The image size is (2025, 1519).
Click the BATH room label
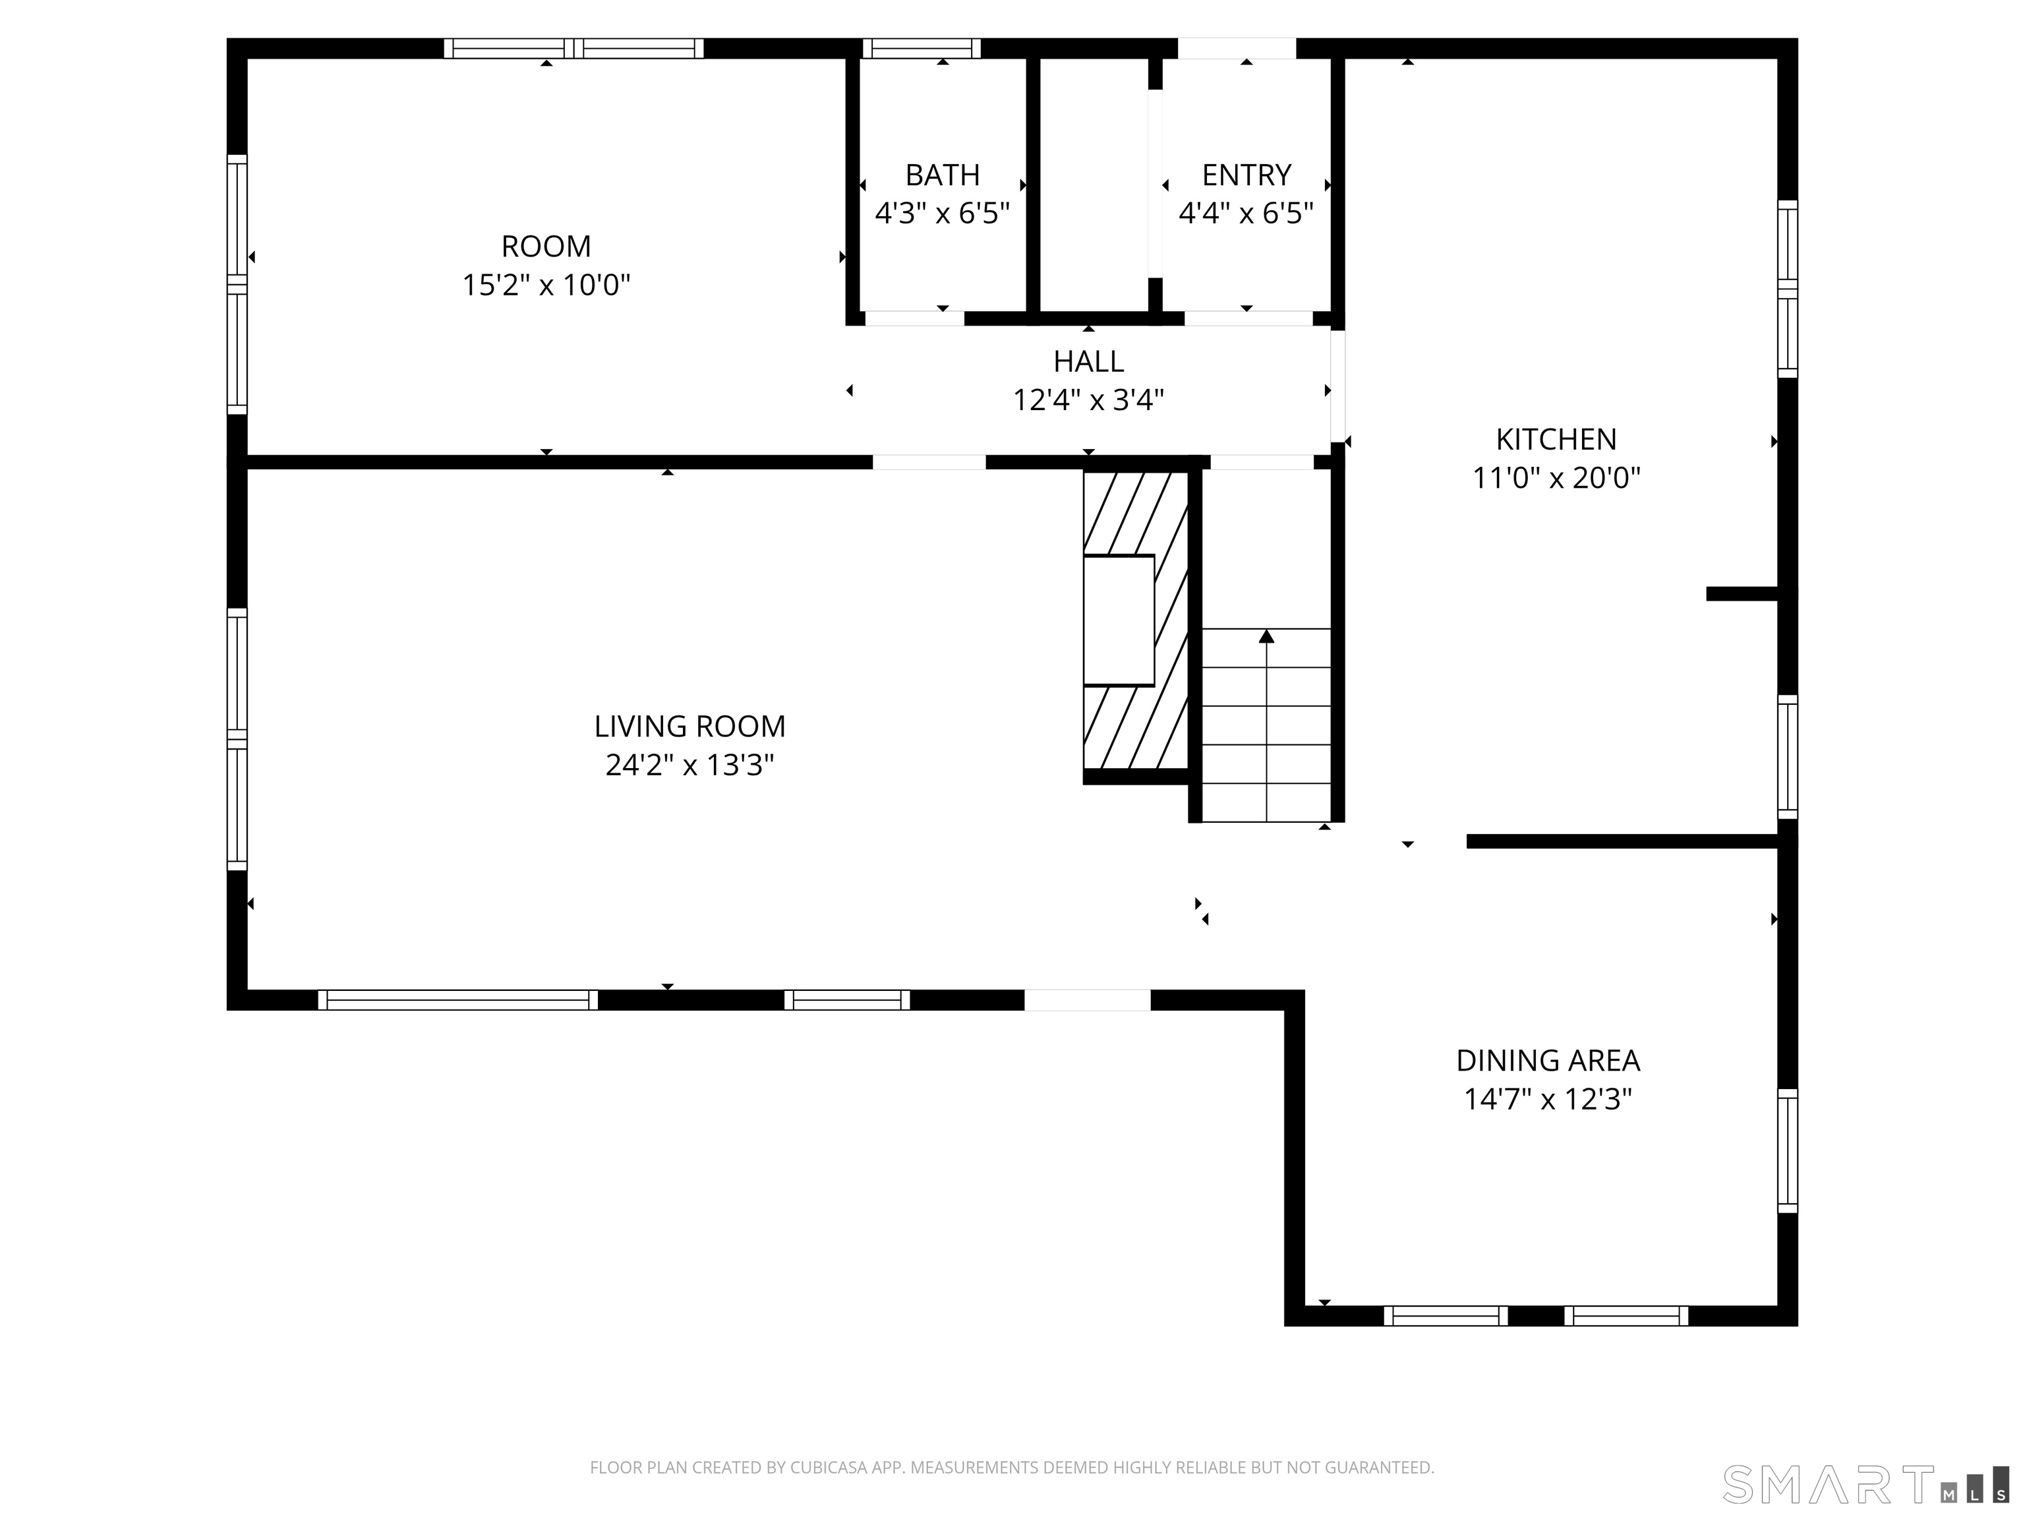942,175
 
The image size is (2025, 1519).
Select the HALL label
1088,362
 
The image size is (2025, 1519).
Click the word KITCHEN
1556,440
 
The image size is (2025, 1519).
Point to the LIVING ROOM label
690,726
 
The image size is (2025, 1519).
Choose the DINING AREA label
1548,1060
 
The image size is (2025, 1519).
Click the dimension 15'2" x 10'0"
546,285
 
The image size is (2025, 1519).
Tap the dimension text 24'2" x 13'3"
690,765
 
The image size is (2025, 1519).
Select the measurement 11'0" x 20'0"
1556,478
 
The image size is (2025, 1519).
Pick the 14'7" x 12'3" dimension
1548,1099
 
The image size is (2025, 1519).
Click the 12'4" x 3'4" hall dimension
1088,400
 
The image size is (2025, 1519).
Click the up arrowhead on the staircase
1266,636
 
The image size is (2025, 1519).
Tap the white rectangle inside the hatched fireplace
1119,620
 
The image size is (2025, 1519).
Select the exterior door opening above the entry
1237,49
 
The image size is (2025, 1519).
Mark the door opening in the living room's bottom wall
1088,1000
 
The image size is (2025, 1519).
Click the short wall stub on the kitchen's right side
1742,594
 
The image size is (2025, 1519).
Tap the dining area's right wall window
1788,1151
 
